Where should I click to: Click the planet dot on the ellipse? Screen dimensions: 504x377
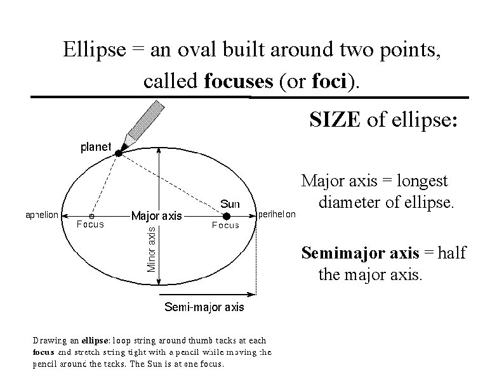(118, 153)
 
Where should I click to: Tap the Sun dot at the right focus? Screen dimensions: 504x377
(227, 215)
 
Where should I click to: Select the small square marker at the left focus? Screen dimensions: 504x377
(91, 215)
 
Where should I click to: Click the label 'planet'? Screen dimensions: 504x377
(95, 147)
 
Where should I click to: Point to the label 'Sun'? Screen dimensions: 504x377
(230, 203)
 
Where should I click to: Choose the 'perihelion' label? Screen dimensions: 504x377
(277, 215)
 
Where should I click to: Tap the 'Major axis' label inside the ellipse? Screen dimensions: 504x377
(156, 216)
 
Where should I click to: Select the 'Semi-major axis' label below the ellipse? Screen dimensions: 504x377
(204, 308)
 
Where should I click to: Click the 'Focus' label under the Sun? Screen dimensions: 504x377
(225, 225)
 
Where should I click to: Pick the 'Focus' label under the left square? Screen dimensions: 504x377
(90, 224)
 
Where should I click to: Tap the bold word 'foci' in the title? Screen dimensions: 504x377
(329, 82)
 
